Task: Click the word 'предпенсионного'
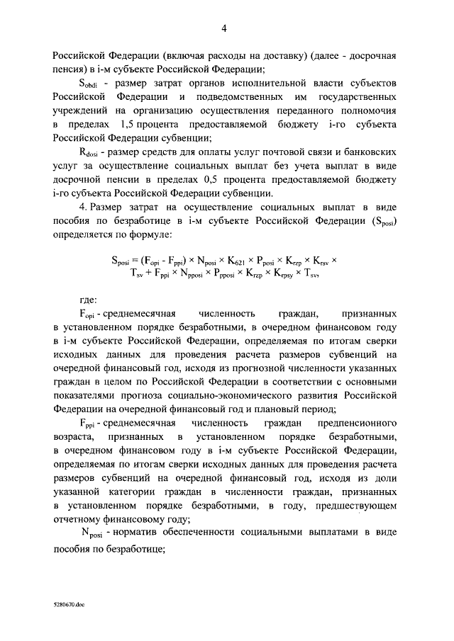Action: pos(365,423)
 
